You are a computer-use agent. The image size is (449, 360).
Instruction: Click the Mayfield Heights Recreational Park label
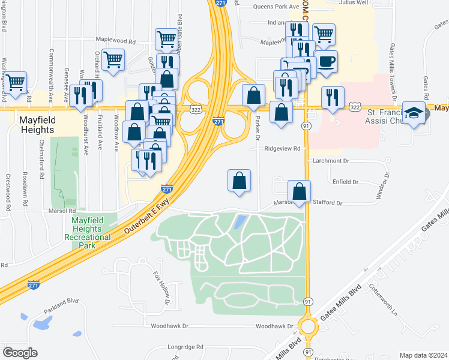pyautogui.click(x=91, y=229)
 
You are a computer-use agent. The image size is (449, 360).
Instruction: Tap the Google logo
pyautogui.click(x=20, y=352)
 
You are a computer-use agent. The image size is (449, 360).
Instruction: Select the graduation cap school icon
pyautogui.click(x=414, y=113)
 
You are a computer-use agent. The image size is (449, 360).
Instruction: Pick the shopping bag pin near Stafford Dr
pyautogui.click(x=299, y=192)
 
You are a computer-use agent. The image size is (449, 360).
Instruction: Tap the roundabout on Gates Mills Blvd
pyautogui.click(x=309, y=327)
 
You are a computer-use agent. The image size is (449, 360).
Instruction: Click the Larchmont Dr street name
pyautogui.click(x=331, y=161)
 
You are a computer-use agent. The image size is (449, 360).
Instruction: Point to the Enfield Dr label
pyautogui.click(x=345, y=181)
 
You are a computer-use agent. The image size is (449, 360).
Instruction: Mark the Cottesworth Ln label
pyautogui.click(x=384, y=300)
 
